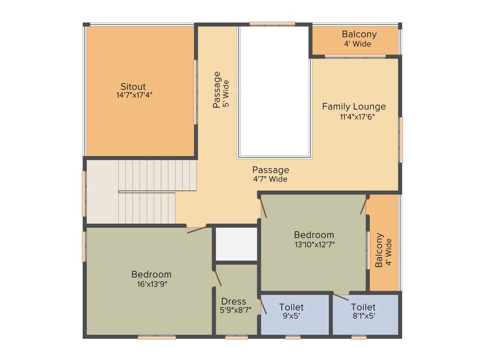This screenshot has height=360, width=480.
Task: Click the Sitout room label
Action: [x=133, y=87]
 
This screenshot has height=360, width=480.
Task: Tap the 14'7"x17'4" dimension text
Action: [x=135, y=95]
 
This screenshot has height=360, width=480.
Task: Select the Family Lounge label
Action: [x=354, y=107]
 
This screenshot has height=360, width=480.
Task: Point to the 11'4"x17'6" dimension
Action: [x=357, y=117]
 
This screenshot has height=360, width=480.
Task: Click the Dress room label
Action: [x=233, y=301]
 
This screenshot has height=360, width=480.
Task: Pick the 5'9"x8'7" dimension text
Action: [x=236, y=310]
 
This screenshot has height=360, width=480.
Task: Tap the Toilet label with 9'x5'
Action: [x=291, y=307]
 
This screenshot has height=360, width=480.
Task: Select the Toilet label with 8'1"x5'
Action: [x=363, y=307]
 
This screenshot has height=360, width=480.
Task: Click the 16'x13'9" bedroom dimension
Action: [x=151, y=283]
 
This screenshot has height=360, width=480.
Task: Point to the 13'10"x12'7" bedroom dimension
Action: [x=314, y=244]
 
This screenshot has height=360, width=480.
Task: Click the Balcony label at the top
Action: [x=359, y=35]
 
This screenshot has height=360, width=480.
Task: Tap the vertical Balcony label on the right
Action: [x=380, y=250]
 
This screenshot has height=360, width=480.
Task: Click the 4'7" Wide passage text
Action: [x=270, y=179]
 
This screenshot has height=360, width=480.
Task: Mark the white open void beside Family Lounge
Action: [x=274, y=91]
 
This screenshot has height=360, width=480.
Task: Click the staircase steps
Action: [x=150, y=192]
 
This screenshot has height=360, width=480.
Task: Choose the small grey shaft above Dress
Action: [x=236, y=244]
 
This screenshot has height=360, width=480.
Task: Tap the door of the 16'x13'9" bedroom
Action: [x=196, y=230]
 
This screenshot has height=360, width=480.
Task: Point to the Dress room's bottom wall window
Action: [x=236, y=337]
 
